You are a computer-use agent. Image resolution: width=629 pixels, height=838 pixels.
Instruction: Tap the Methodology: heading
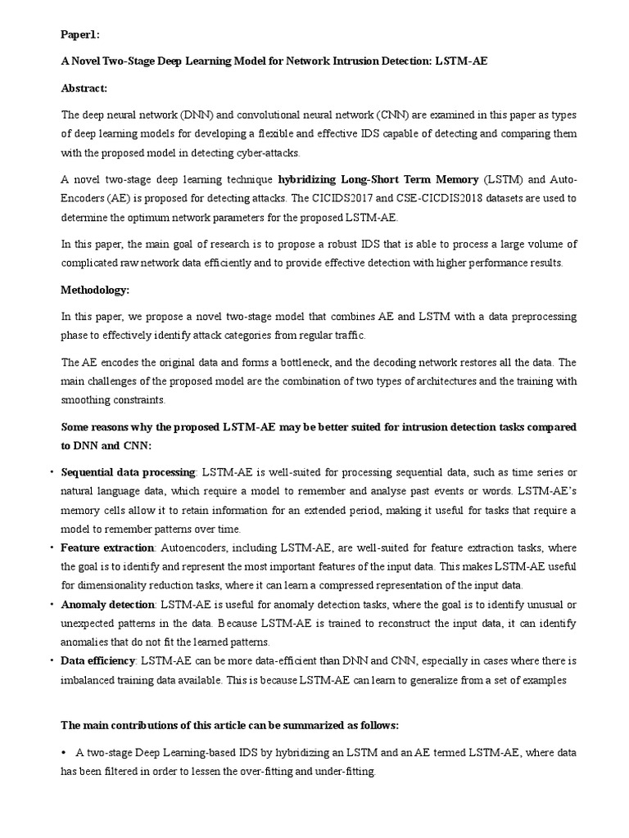[x=95, y=290]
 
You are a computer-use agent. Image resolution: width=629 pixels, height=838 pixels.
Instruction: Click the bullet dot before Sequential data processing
[x=53, y=473]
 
